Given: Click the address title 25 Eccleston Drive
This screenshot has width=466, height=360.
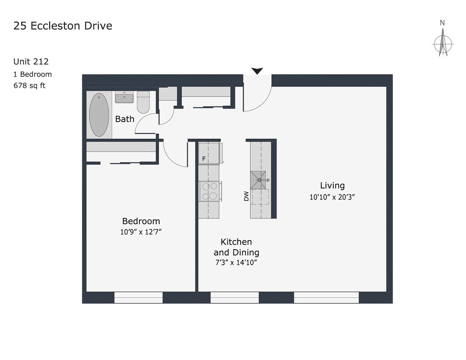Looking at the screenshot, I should (x=63, y=26).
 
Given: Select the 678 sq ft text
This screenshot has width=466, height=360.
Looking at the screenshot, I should (x=29, y=85).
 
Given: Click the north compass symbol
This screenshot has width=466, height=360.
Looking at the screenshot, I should (x=443, y=43).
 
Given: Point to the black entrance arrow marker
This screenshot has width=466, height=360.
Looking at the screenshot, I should (x=257, y=71).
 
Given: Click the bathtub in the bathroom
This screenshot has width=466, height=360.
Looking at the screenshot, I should (x=99, y=115).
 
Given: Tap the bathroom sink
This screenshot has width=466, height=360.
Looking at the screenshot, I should (x=124, y=98).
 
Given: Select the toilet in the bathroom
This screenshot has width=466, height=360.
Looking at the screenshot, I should (x=143, y=102).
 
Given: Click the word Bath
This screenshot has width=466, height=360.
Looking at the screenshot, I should (x=125, y=119).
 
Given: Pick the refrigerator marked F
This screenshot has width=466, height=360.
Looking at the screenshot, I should (x=210, y=154).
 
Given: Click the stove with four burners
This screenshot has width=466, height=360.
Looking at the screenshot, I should (x=210, y=191).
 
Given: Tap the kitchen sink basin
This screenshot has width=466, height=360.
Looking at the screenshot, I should (x=258, y=180).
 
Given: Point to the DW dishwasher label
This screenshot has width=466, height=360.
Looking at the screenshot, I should (x=246, y=196).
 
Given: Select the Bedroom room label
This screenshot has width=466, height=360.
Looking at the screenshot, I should (x=141, y=221).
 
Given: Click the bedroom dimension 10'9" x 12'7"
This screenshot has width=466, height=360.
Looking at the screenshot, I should (x=141, y=232).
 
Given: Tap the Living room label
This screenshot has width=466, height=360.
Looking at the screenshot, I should (x=332, y=186).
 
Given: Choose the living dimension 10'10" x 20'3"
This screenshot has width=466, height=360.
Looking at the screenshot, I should (x=332, y=197).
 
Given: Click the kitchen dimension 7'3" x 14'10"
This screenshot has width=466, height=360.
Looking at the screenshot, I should (x=236, y=263).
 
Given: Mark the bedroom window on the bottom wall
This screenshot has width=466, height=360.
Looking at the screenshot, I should (x=138, y=297).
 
